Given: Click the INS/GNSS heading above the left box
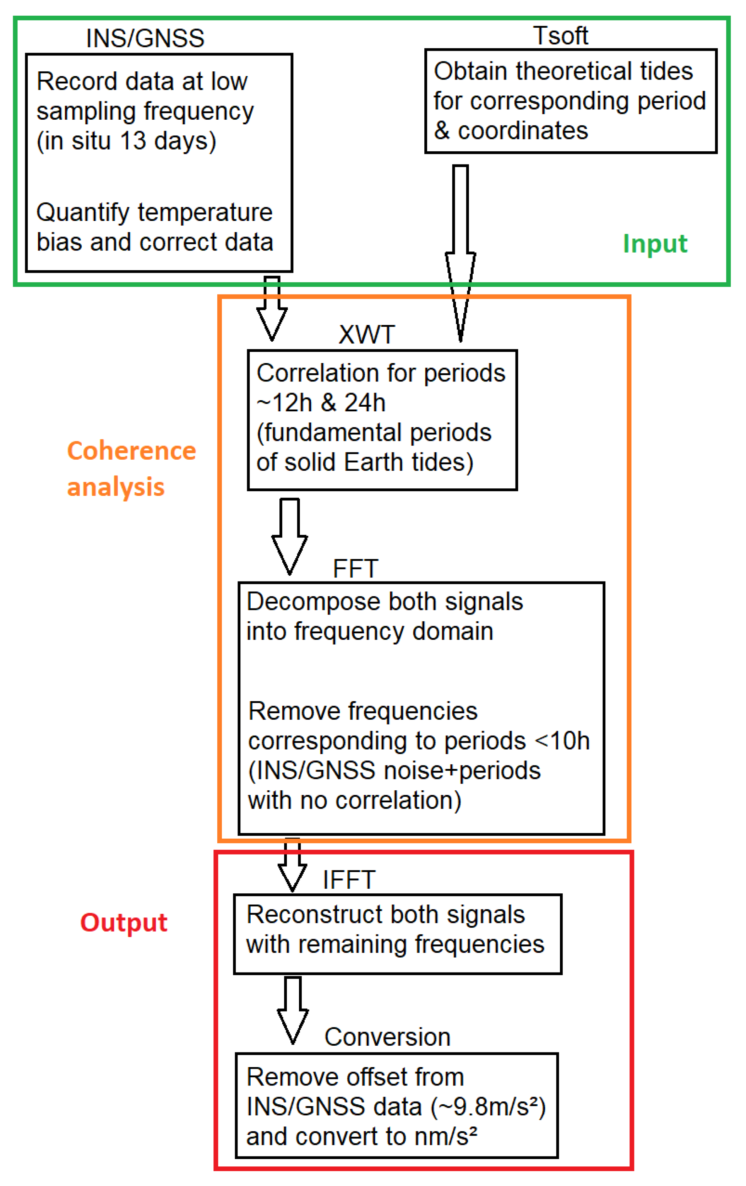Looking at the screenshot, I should [x=145, y=38].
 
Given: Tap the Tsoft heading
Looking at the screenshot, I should [x=560, y=36].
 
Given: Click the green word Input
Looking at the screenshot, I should [x=654, y=244].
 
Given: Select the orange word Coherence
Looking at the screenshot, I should [x=131, y=451].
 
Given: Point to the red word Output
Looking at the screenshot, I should [x=124, y=922].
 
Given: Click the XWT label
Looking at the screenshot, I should [x=366, y=335].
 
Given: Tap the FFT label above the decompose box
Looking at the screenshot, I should [x=355, y=569].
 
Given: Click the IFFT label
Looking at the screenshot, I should [x=349, y=880].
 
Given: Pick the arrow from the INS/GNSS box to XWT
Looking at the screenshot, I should [x=272, y=308].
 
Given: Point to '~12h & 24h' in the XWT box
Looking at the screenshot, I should [x=321, y=403].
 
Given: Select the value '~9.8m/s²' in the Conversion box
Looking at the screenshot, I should [x=489, y=1107].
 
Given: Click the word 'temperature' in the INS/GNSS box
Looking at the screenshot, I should [x=205, y=213].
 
